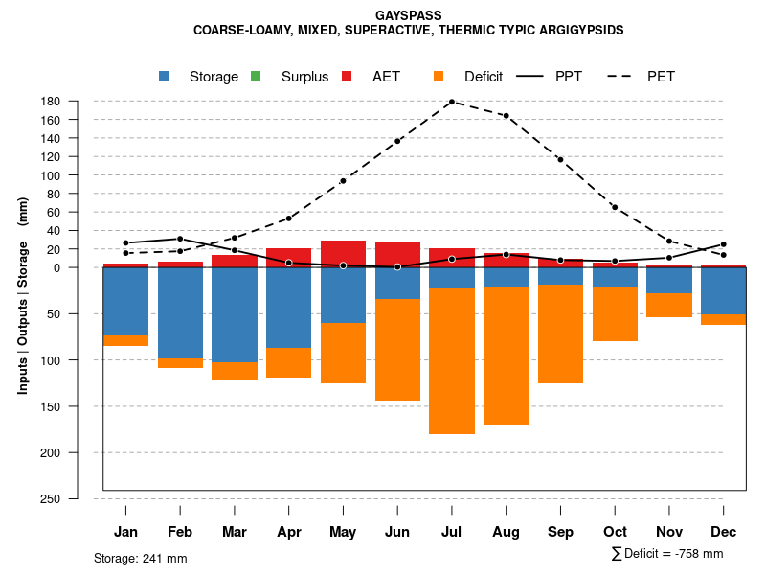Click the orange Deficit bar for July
(x=452, y=360)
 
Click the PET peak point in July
(x=452, y=102)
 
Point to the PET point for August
(x=506, y=116)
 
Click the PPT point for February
(x=180, y=239)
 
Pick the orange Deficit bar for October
(x=615, y=313)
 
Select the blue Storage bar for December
(x=724, y=290)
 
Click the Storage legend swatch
(x=164, y=76)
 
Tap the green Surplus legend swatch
(x=256, y=76)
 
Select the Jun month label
(x=397, y=532)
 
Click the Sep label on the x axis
(x=560, y=532)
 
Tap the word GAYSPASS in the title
(x=409, y=14)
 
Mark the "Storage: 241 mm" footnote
(x=141, y=559)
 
